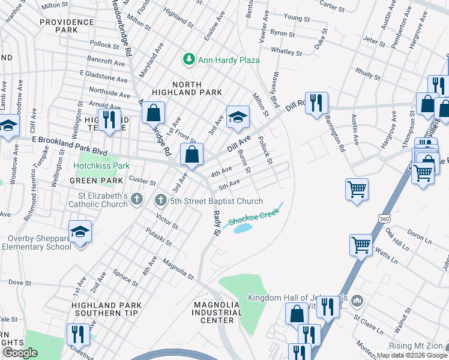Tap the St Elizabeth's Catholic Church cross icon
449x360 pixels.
click(137, 199)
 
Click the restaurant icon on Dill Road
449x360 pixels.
click(315, 101)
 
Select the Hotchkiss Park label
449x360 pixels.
click(101, 165)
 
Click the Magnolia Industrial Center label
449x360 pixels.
click(217, 313)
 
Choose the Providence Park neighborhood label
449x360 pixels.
click(67, 26)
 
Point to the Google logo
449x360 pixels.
click(20, 352)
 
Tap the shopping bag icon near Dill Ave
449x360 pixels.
click(191, 154)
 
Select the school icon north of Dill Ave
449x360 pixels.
click(238, 116)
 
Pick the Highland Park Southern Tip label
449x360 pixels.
click(106, 309)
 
